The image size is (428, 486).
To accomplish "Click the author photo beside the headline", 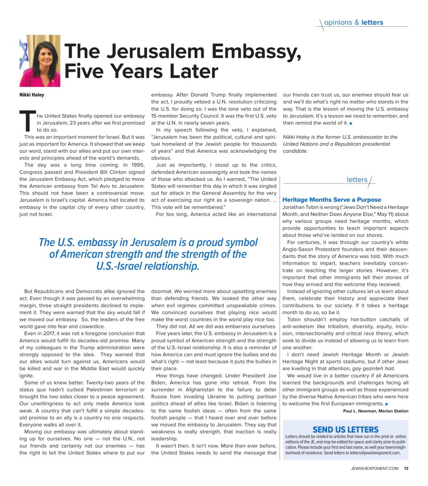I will point(40,61).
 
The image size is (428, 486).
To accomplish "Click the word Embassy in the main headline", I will point(257,52).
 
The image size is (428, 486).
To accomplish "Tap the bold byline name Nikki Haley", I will point(32,95).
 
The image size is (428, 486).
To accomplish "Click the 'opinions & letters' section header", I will point(353,23).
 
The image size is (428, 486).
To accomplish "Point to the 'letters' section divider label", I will point(357,180).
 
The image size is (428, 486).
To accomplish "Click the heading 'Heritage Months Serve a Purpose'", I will point(331,200).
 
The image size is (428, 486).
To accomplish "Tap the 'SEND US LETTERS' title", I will point(345,430).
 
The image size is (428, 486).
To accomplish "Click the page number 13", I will point(406,469).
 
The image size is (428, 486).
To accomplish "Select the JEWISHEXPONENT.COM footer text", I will point(375,469).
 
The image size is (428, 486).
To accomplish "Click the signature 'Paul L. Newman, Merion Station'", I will point(376,411).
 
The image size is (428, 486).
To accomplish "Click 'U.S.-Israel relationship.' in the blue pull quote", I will point(148,266).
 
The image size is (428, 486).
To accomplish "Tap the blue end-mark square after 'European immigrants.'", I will point(387,404).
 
